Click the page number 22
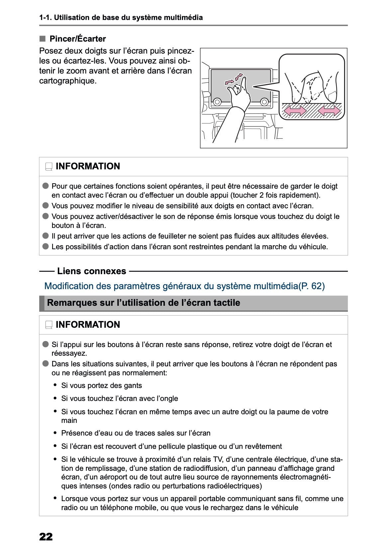click(46, 536)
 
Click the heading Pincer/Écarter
click(77, 39)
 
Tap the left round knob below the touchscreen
click(217, 102)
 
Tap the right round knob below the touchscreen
click(264, 102)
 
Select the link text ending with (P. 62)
click(184, 286)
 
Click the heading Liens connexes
click(92, 271)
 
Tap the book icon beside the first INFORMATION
click(49, 167)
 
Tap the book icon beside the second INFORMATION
click(49, 325)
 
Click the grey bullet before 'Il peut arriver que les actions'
click(46, 236)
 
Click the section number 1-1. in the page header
click(45, 18)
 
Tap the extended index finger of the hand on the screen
click(243, 83)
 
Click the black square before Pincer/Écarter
click(42, 39)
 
